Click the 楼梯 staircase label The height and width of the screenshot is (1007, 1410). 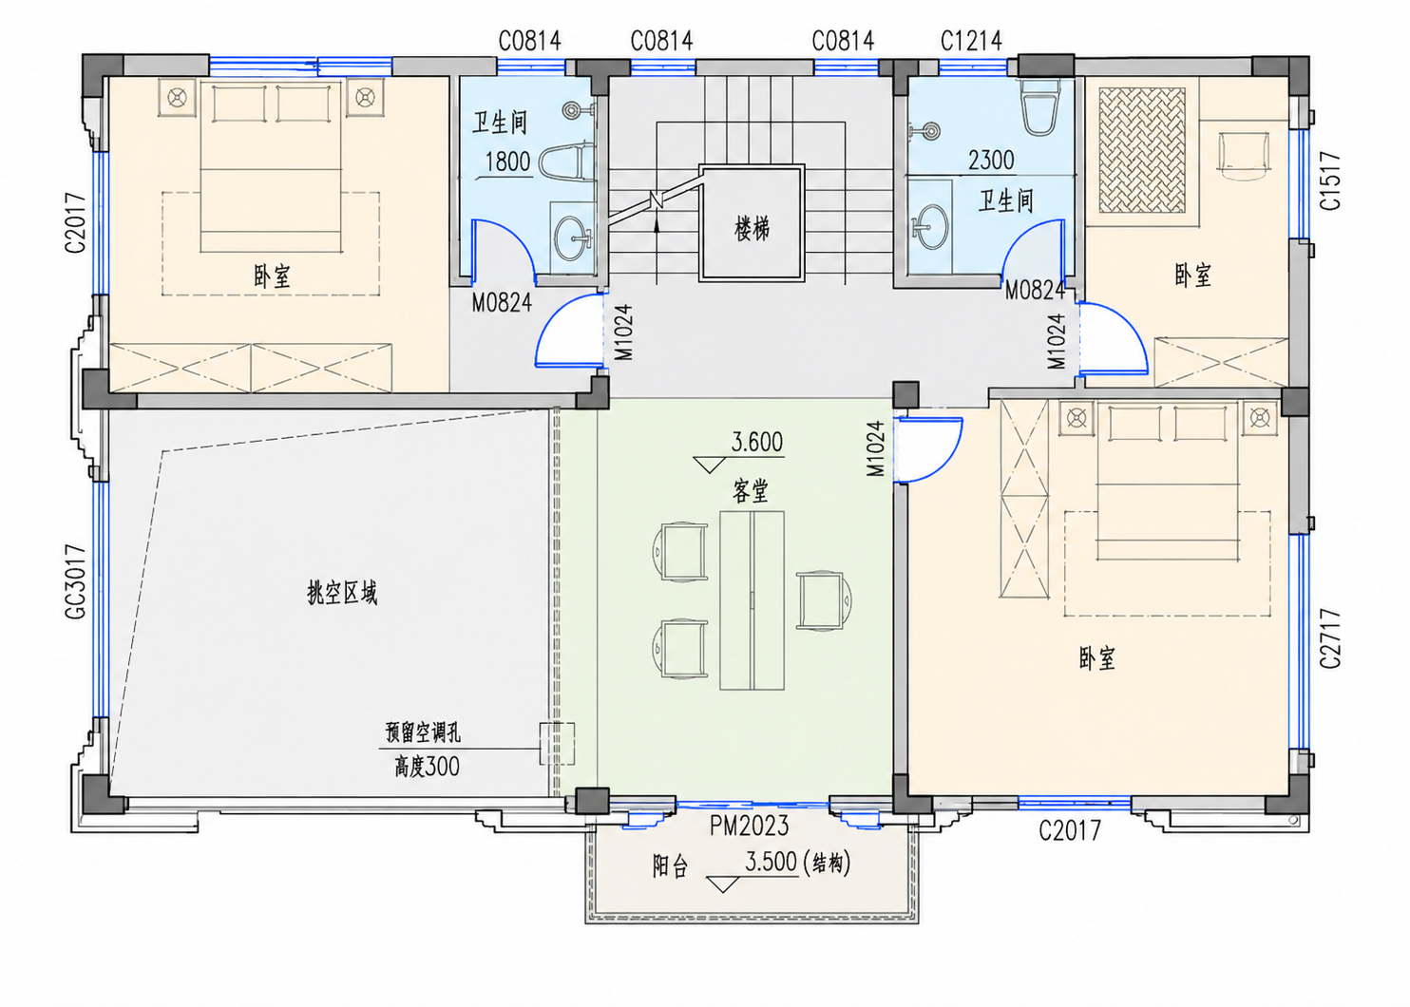pos(752,228)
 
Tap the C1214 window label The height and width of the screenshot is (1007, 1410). pos(971,42)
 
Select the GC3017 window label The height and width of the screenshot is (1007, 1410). pos(76,581)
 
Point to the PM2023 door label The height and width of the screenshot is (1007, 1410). pos(749,826)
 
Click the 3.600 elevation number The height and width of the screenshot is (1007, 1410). pos(756,443)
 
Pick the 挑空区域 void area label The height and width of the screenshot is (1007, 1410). pos(342,593)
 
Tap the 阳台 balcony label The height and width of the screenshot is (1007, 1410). pos(670,866)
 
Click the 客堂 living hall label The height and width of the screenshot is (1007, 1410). pos(751,491)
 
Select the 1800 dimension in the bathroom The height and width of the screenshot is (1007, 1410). pos(507,161)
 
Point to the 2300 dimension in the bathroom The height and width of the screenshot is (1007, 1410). pos(991,161)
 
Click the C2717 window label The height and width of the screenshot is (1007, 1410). pos(1331,638)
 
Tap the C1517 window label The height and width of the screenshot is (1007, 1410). pos(1331,180)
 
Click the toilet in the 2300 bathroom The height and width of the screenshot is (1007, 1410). pos(1039,106)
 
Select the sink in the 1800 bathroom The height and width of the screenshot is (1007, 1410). pos(572,237)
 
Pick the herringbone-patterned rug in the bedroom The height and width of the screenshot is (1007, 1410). pos(1142,150)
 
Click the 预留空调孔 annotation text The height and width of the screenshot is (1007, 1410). pos(423,732)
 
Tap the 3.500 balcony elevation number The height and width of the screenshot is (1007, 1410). pos(772,862)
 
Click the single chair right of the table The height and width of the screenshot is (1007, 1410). pos(825,600)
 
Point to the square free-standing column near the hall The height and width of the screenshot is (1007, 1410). pos(905,394)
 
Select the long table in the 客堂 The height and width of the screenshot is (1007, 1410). pos(752,600)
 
